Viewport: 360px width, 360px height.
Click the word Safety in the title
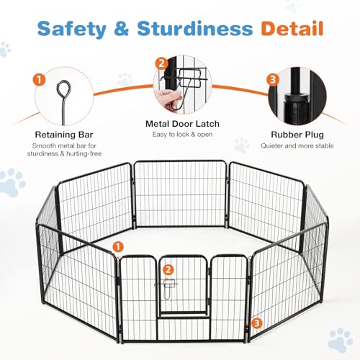(x=72, y=29)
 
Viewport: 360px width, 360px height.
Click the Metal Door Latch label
(x=182, y=124)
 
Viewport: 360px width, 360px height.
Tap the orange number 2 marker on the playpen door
(x=168, y=271)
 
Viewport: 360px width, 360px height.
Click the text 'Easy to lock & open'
(x=182, y=135)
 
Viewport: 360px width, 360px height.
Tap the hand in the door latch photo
(x=168, y=99)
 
